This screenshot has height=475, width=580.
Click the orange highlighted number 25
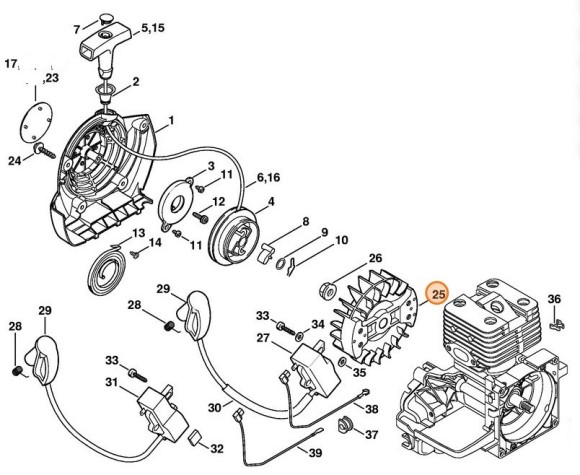[437, 294]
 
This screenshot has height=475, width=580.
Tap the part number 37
[371, 435]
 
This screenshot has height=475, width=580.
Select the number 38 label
[371, 409]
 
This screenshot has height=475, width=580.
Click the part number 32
[216, 448]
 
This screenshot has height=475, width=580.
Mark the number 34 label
[317, 324]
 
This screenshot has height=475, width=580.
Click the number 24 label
[14, 160]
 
